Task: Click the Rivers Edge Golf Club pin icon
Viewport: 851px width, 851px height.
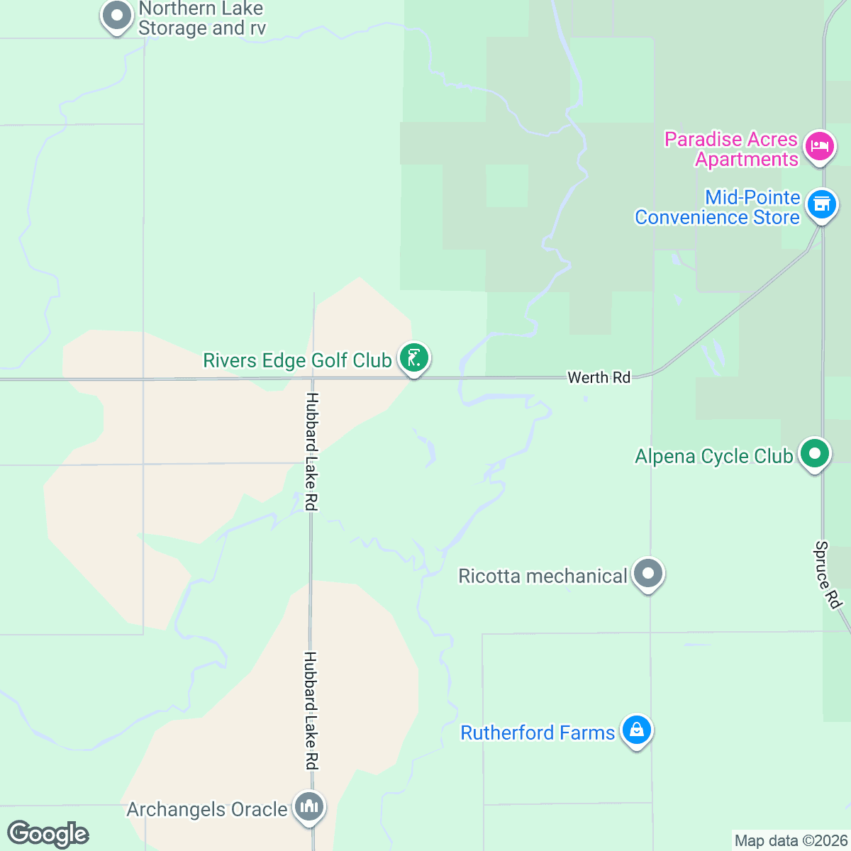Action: pos(414,357)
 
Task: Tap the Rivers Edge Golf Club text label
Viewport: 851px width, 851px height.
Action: pos(297,360)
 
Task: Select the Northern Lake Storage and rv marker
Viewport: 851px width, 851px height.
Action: pos(117,16)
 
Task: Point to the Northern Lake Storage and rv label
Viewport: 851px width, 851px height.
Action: pos(201,18)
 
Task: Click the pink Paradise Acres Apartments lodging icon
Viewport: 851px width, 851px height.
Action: pos(820,147)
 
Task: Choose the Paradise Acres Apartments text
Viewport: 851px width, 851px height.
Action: pos(731,149)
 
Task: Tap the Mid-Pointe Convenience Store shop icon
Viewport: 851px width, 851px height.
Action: pos(821,204)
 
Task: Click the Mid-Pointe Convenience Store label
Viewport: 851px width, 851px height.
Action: pos(717,207)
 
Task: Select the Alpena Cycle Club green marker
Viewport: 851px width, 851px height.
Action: pos(814,453)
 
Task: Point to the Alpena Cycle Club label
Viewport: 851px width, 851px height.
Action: pos(713,456)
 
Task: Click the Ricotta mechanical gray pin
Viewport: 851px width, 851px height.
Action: pos(647,573)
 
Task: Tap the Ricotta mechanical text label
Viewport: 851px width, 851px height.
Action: pos(543,576)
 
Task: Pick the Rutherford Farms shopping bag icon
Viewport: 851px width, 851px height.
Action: pos(636,730)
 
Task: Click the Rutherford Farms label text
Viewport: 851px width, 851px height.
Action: pos(538,733)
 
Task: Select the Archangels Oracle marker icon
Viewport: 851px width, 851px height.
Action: pos(308,806)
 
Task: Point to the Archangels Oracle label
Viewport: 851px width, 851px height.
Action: pos(207,809)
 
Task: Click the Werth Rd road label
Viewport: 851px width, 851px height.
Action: pos(599,377)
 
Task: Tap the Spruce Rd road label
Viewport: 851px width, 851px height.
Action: pos(827,574)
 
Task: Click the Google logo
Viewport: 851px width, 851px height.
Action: pos(48,834)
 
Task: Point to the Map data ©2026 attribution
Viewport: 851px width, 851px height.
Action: pos(791,841)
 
